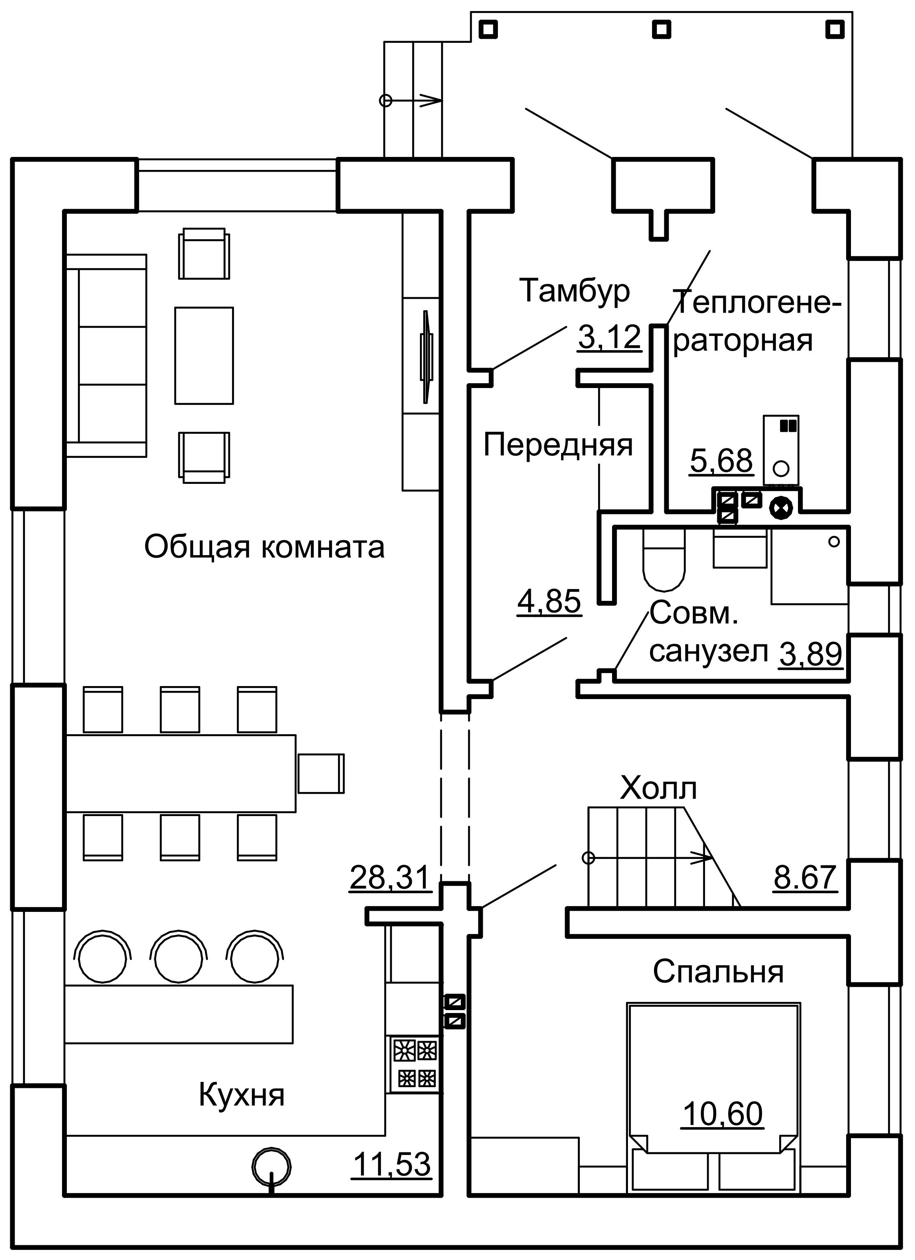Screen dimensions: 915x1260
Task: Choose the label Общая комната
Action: coord(265,547)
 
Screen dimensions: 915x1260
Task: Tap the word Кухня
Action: coord(242,1095)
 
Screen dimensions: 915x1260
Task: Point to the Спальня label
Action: coord(718,972)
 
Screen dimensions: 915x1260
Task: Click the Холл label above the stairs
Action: coord(659,788)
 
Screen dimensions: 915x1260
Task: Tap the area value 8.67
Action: coord(805,878)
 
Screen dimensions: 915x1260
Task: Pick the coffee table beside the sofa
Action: coord(204,355)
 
